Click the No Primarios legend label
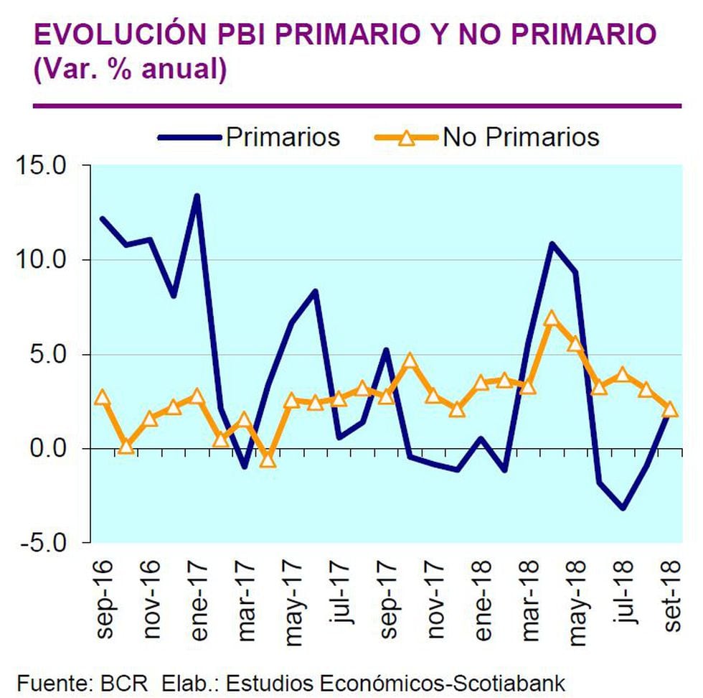[521, 136]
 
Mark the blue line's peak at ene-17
[197, 195]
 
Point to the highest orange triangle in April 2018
[551, 319]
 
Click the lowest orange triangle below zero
[268, 459]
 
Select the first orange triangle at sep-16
[103, 397]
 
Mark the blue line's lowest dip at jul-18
[623, 508]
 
